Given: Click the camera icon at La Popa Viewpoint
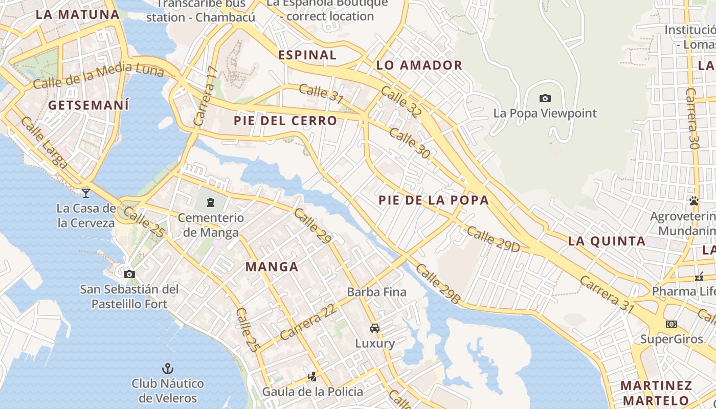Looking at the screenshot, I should [545, 98].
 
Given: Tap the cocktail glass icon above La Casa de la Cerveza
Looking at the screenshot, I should [86, 193].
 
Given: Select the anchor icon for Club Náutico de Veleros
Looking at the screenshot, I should [167, 368].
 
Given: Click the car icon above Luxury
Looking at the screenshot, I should [375, 328].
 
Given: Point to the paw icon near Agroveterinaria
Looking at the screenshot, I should [694, 201].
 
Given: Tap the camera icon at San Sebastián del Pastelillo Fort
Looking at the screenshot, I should [129, 274].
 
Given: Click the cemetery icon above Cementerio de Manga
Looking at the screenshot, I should [211, 202].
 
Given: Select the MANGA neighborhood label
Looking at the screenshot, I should [272, 266].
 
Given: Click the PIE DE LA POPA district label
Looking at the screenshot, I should [434, 200].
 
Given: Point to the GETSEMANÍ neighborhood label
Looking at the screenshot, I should [88, 105].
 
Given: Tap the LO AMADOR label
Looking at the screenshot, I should [419, 65].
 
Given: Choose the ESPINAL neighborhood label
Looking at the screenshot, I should [307, 55].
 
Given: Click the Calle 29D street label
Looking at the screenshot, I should [493, 239].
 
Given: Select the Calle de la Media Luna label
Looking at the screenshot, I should [98, 75].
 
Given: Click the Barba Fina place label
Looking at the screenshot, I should [376, 292].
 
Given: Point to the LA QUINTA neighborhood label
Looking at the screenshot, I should [607, 241].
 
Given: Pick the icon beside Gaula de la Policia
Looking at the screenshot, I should [312, 377].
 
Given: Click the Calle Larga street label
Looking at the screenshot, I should [44, 143].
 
